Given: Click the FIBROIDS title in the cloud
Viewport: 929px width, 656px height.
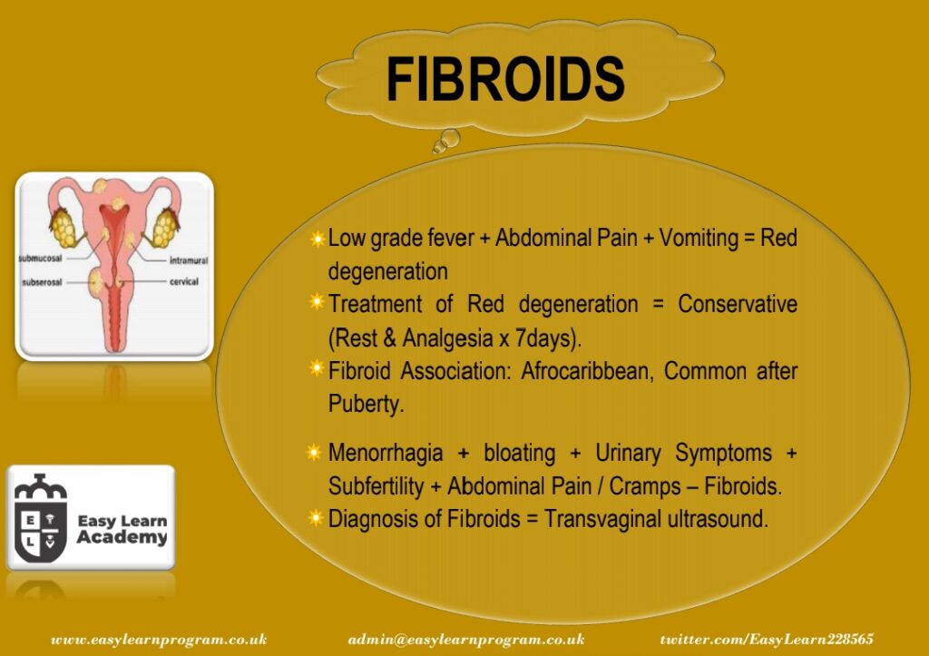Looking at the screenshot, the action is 505,80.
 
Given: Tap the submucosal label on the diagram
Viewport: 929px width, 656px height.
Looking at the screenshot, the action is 40,259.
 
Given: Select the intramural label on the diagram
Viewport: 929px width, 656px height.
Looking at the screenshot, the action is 189,260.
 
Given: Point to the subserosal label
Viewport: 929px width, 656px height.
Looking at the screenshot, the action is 42,282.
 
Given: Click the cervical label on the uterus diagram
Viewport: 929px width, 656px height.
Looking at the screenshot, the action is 183,281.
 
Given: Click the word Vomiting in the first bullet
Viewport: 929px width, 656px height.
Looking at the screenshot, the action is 699,239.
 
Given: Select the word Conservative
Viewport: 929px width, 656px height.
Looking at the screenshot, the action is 738,304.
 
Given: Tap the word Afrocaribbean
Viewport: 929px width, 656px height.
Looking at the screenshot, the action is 587,371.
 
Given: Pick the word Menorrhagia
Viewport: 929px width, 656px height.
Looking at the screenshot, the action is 386,453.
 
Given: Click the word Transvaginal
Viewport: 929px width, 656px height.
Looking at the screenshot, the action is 603,518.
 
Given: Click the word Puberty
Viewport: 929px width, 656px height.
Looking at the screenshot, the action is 366,405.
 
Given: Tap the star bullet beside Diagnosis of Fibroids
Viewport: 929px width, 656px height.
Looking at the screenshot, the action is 317,518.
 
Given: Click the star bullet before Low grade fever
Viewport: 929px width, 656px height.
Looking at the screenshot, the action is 318,239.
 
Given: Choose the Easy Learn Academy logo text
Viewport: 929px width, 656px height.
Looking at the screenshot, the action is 122,529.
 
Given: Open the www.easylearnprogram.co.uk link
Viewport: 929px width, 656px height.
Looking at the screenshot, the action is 159,640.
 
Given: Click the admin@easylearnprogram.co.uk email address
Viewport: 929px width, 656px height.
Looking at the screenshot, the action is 466,640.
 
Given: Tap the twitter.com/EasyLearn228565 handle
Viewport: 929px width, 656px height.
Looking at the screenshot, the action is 767,640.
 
